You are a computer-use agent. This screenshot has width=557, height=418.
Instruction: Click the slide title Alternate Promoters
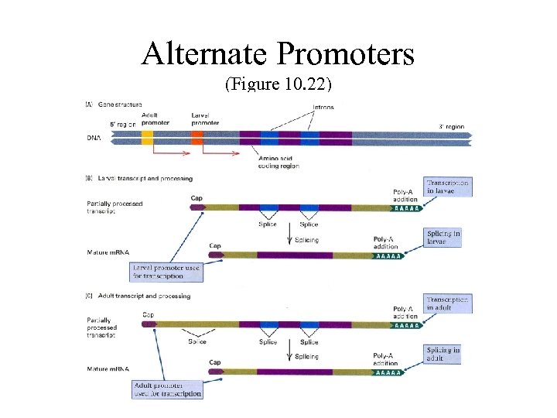point(278,53)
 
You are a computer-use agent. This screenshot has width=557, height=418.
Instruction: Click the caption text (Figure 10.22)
point(278,84)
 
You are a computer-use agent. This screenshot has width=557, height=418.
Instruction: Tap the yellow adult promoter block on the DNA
point(147,138)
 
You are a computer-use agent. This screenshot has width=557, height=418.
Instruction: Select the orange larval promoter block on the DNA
point(197,138)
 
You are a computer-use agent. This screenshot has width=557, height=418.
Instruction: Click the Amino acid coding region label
point(279,161)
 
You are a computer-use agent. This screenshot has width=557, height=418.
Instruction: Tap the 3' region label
point(452,126)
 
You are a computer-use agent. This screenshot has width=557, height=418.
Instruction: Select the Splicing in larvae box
point(444,237)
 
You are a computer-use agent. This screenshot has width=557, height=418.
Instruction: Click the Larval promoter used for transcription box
point(167,272)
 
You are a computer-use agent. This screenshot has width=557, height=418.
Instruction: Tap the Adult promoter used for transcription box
point(168,389)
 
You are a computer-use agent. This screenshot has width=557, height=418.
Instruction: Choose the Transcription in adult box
point(447,303)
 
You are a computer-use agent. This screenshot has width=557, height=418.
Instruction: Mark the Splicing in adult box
point(444,354)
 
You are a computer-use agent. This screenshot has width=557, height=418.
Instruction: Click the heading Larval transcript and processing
point(144,178)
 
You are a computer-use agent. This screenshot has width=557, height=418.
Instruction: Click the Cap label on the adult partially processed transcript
point(149,314)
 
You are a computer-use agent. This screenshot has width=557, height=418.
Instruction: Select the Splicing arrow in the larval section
point(290,233)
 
